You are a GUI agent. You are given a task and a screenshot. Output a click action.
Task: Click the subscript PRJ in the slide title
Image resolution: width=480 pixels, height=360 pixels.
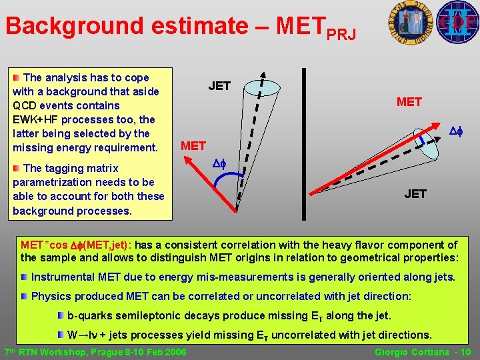tap(343, 32)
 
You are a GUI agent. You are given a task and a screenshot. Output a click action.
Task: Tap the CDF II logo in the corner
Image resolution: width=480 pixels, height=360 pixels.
tap(457, 22)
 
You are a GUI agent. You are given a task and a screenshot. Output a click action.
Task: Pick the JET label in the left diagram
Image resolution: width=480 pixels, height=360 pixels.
tap(219, 86)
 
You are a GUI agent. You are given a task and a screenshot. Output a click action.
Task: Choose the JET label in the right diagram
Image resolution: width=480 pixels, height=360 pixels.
tap(415, 194)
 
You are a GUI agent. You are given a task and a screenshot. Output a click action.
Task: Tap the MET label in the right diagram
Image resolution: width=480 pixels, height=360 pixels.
tap(409, 102)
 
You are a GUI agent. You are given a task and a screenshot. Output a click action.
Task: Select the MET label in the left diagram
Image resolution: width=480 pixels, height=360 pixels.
tap(193, 145)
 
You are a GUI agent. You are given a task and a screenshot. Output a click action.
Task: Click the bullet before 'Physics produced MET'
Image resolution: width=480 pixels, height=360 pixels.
tap(25, 296)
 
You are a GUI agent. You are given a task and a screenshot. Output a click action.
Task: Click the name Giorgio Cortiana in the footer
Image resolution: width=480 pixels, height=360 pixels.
tap(414, 352)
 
